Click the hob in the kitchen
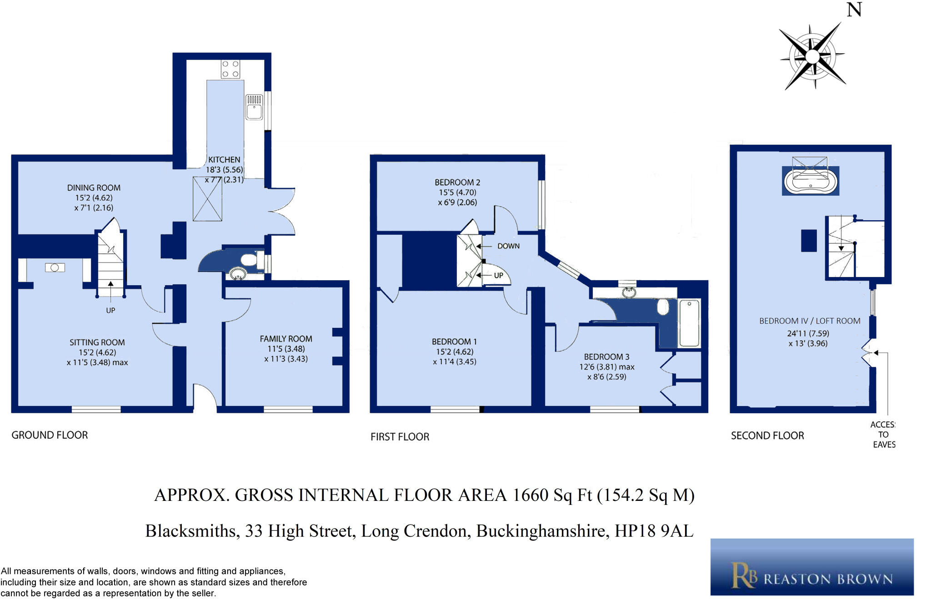(x=230, y=69)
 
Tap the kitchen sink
(x=254, y=107)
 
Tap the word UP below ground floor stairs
(x=110, y=310)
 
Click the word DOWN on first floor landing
(x=508, y=246)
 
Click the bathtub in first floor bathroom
(x=689, y=323)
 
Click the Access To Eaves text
(x=883, y=435)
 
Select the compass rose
(x=812, y=57)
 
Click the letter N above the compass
(x=854, y=10)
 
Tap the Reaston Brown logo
(x=812, y=567)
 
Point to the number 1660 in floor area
(x=531, y=495)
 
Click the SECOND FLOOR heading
(x=767, y=436)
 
